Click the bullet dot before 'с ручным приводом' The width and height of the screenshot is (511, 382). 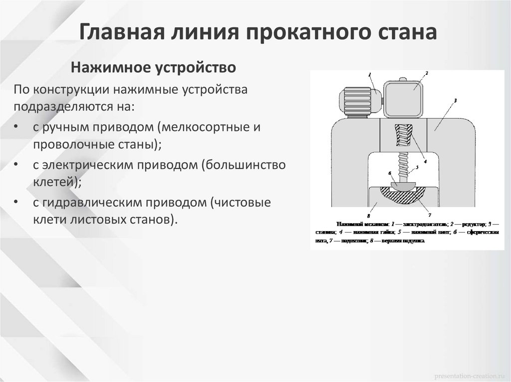point(17,127)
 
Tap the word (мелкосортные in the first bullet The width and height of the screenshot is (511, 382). point(205,127)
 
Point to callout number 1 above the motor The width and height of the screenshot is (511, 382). point(370,75)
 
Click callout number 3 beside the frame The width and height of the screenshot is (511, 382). point(456,100)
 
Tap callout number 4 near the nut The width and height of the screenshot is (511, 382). point(425,161)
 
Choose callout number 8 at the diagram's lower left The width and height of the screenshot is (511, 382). point(368,215)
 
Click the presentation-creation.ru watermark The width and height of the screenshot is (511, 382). point(469,374)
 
